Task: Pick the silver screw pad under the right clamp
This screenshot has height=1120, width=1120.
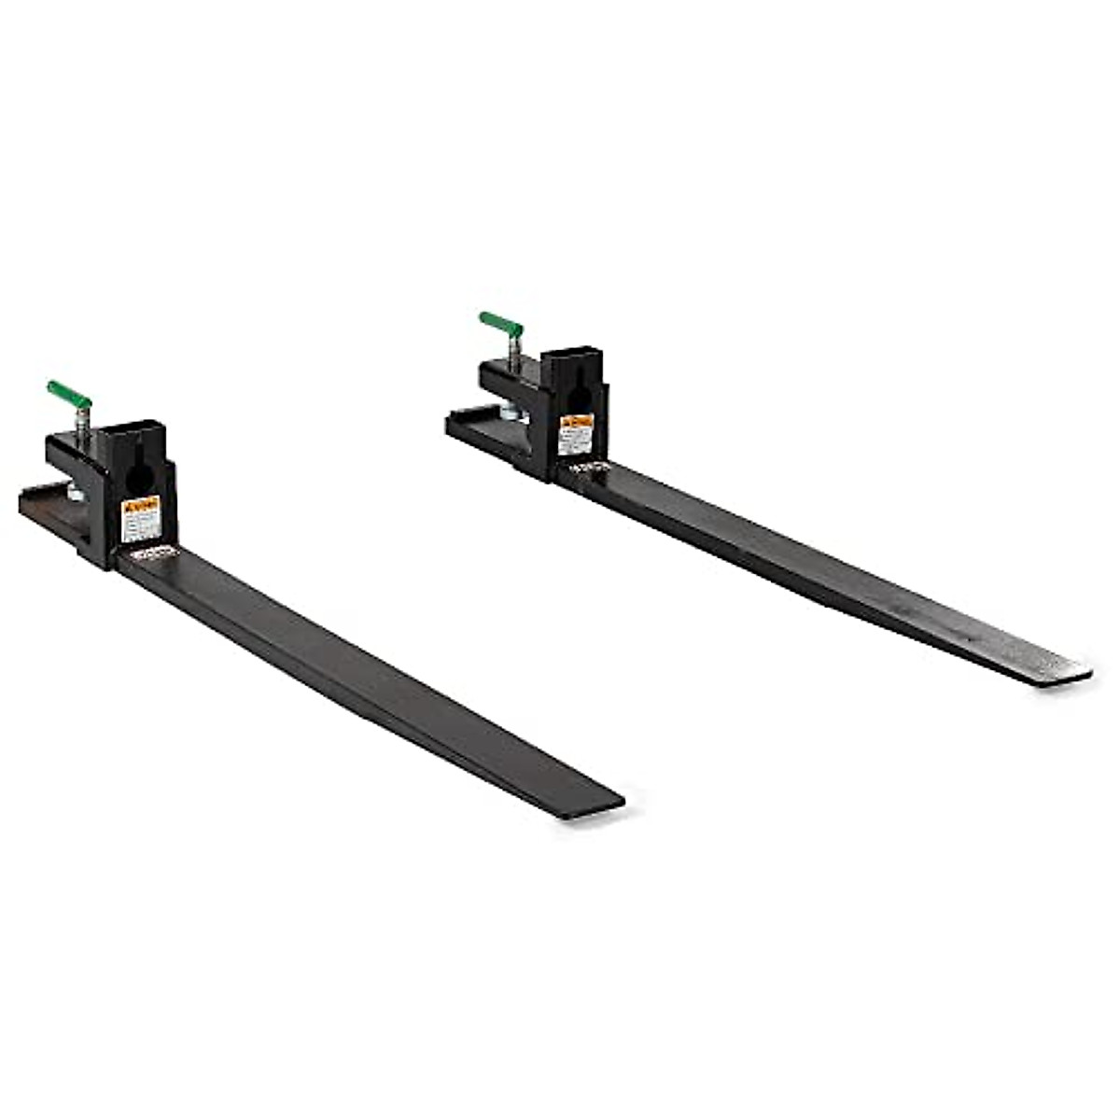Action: tap(507, 410)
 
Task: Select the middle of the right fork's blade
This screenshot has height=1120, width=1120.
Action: tap(821, 569)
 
